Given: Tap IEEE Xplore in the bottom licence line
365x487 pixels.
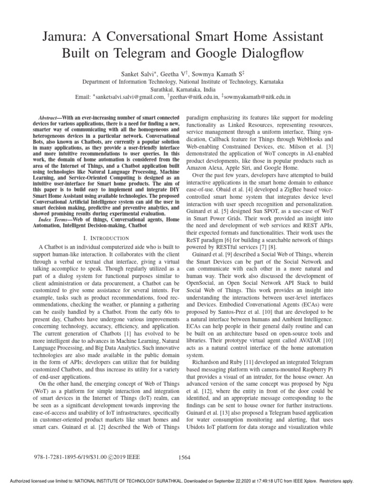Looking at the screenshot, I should coord(306,481).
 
